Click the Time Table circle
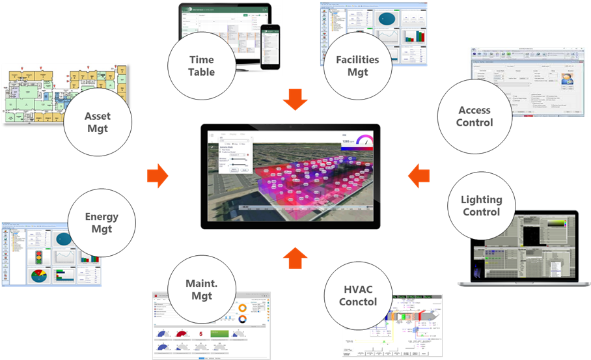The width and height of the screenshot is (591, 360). (201, 64)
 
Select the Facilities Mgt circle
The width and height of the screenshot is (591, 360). (357, 66)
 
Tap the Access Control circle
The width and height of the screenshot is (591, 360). (474, 117)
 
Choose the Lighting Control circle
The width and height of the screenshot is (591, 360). (481, 205)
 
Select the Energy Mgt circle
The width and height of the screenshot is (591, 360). (102, 223)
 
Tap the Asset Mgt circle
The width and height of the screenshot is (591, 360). (98, 122)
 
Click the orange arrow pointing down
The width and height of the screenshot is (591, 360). (297, 104)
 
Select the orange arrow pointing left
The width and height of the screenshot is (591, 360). (419, 176)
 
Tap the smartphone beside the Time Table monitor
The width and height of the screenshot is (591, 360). (270, 48)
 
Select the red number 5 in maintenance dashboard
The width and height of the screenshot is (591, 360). (201, 333)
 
